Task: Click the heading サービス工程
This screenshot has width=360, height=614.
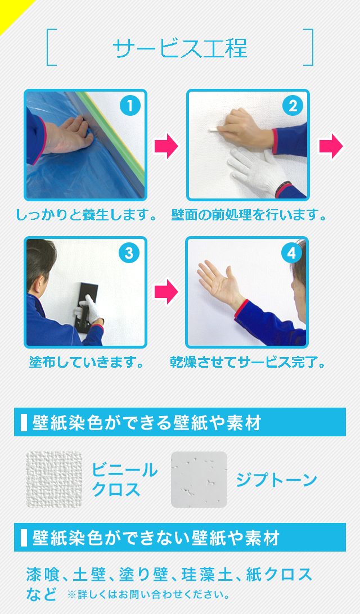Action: tap(180, 48)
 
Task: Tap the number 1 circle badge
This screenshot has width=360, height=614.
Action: tap(130, 106)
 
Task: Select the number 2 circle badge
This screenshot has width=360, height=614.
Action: tap(292, 106)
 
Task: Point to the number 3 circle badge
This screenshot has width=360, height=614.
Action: tap(129, 254)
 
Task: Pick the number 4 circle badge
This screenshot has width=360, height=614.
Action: tap(291, 254)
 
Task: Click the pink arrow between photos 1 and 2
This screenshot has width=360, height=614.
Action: tap(166, 146)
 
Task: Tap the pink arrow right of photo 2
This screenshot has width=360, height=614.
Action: tap(331, 146)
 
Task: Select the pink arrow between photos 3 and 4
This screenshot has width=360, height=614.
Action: tap(166, 292)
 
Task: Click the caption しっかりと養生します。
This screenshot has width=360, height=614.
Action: tap(86, 215)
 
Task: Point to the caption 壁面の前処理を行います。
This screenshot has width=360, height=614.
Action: tap(249, 215)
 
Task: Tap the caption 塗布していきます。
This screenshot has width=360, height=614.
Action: tap(86, 362)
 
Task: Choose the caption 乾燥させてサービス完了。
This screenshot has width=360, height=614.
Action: tap(247, 362)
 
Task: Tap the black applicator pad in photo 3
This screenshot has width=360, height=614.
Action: tap(87, 301)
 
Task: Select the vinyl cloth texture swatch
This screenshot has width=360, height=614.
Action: tap(54, 480)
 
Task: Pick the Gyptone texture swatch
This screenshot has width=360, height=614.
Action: tap(199, 480)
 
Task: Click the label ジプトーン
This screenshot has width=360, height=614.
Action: tap(276, 480)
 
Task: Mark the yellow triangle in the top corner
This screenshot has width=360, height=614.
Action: tap(10, 10)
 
